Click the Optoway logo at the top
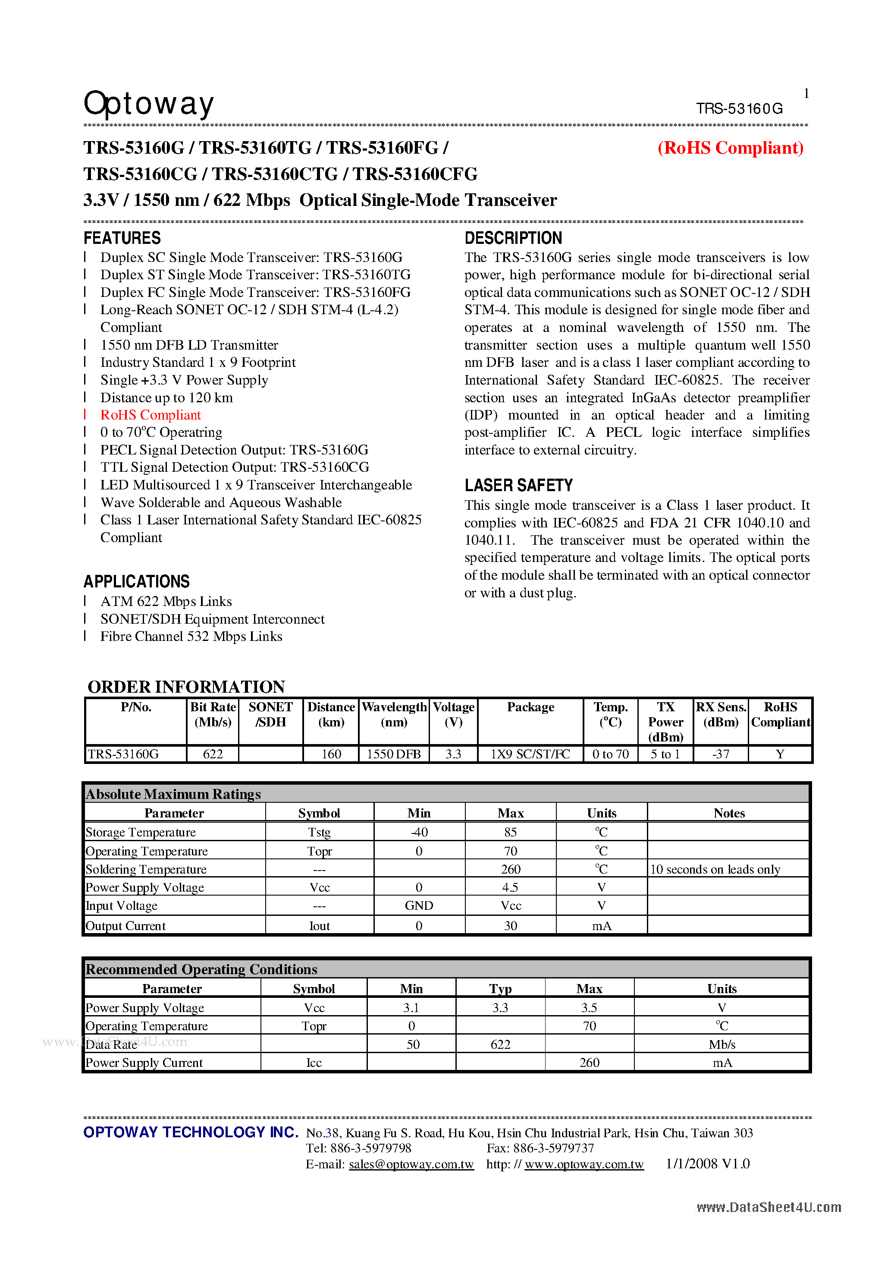(148, 104)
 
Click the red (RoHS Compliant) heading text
(730, 148)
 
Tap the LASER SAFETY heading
(518, 486)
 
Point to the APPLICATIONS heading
(136, 581)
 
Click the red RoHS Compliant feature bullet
(151, 415)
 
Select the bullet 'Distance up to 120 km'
(166, 398)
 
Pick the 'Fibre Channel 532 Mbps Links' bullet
(191, 637)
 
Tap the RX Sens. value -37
(721, 754)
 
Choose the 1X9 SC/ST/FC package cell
(530, 754)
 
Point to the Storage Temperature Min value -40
(419, 832)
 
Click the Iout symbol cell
(319, 926)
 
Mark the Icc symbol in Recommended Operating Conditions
(314, 1063)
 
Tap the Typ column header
(500, 989)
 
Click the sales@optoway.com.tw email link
(411, 1164)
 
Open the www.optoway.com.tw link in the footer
(584, 1164)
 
